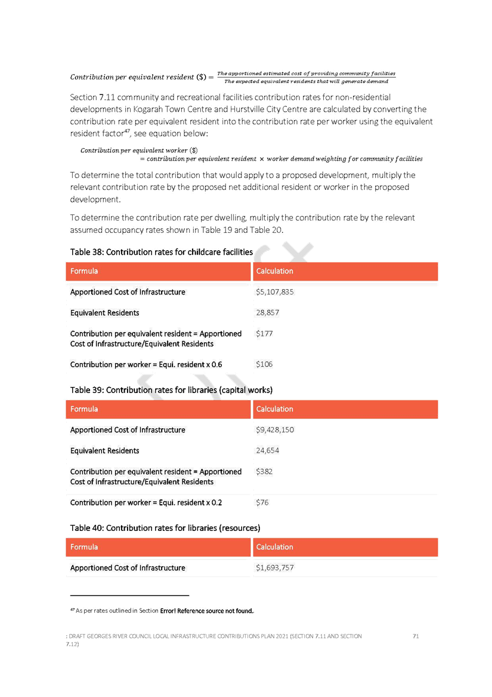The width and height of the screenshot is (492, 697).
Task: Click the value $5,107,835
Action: click(275, 292)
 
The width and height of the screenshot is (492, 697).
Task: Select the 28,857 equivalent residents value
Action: click(267, 312)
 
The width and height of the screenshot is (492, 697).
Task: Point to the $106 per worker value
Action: click(264, 364)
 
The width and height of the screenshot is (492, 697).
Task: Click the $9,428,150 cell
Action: click(275, 429)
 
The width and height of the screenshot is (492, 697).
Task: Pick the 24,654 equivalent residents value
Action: click(267, 450)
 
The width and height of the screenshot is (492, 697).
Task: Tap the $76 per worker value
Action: click(262, 502)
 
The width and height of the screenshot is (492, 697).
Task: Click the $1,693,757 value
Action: click(275, 567)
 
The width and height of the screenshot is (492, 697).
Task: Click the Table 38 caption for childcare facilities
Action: click(161, 252)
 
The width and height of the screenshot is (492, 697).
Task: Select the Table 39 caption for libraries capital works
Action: click(171, 390)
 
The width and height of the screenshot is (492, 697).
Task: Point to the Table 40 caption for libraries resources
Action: click(165, 528)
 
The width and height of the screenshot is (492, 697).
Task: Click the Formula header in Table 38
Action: click(84, 271)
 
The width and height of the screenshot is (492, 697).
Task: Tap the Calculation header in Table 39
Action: click(274, 409)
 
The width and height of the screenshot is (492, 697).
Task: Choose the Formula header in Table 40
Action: click(84, 547)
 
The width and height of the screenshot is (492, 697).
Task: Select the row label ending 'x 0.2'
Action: click(146, 502)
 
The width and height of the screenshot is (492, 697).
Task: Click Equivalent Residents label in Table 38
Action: click(104, 312)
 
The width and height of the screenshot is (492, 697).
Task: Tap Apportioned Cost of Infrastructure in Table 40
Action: click(128, 567)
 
